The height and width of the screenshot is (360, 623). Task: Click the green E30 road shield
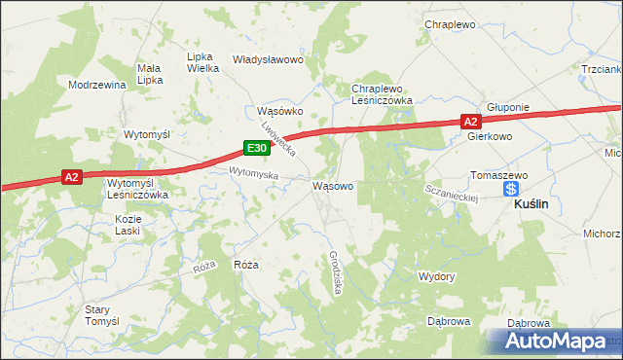tap(255, 148)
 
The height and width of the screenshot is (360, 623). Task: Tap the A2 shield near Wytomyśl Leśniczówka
tap(70, 176)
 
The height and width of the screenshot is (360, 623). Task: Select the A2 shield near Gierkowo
tap(470, 121)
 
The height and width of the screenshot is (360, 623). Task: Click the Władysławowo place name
tap(269, 59)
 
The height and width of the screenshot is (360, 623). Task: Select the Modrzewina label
tap(97, 85)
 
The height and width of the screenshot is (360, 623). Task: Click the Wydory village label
tap(436, 276)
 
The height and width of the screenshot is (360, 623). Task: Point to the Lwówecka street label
tap(277, 139)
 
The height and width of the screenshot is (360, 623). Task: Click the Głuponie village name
tap(507, 108)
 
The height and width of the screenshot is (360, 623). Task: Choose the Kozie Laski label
tap(128, 226)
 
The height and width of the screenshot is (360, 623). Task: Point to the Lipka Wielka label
tap(202, 62)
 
